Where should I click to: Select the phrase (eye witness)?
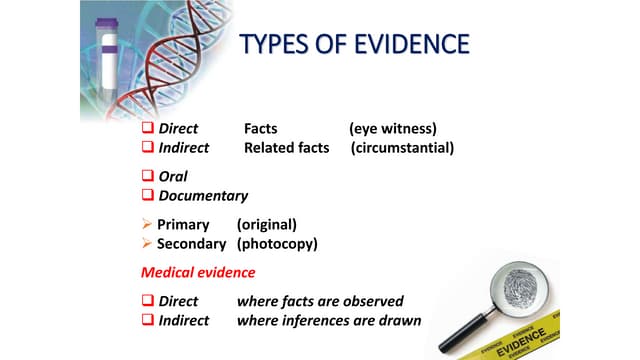click(393, 129)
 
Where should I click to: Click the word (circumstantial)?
click(403, 148)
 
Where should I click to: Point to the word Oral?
click(173, 176)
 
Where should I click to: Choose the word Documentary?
click(203, 196)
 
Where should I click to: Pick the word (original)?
click(266, 224)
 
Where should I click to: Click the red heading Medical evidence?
click(198, 272)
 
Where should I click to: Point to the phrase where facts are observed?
click(320, 301)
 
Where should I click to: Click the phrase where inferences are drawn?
click(329, 321)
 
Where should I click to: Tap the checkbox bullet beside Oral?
click(148, 176)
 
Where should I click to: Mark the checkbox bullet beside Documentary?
click(148, 196)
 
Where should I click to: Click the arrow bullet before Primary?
click(147, 224)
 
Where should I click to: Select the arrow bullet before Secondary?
click(147, 244)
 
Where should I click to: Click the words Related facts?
click(286, 148)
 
